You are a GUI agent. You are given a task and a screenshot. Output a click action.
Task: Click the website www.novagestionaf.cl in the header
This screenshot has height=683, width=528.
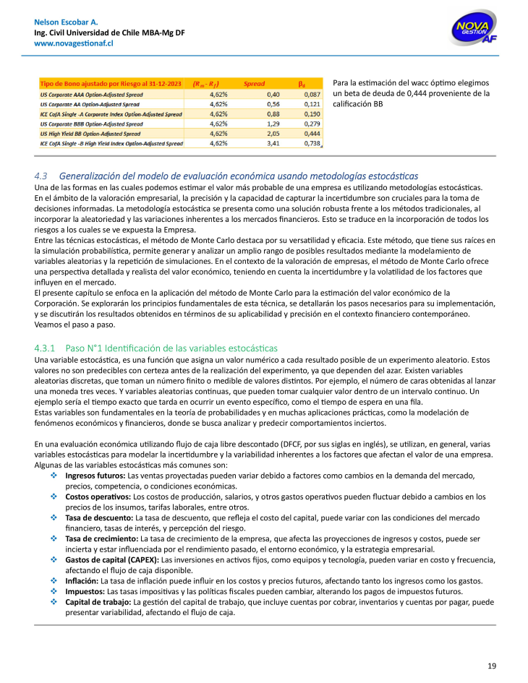(x=74, y=43)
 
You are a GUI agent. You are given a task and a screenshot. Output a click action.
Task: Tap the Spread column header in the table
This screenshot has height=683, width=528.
(x=254, y=84)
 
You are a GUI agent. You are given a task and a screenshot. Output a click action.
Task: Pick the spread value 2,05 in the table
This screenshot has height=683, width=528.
(x=273, y=134)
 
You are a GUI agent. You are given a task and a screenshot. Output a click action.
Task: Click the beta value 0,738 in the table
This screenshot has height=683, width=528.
(x=312, y=144)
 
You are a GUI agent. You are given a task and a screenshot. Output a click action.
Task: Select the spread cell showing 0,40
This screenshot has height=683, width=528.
(x=273, y=94)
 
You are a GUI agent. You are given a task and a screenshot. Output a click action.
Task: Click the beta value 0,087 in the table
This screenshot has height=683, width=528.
(x=312, y=94)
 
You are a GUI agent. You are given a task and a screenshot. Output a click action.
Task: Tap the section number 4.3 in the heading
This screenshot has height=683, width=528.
(x=41, y=176)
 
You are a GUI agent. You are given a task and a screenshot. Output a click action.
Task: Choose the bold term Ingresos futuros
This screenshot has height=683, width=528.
(x=95, y=476)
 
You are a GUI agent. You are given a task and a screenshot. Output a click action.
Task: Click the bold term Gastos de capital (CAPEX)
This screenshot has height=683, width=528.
(x=111, y=560)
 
